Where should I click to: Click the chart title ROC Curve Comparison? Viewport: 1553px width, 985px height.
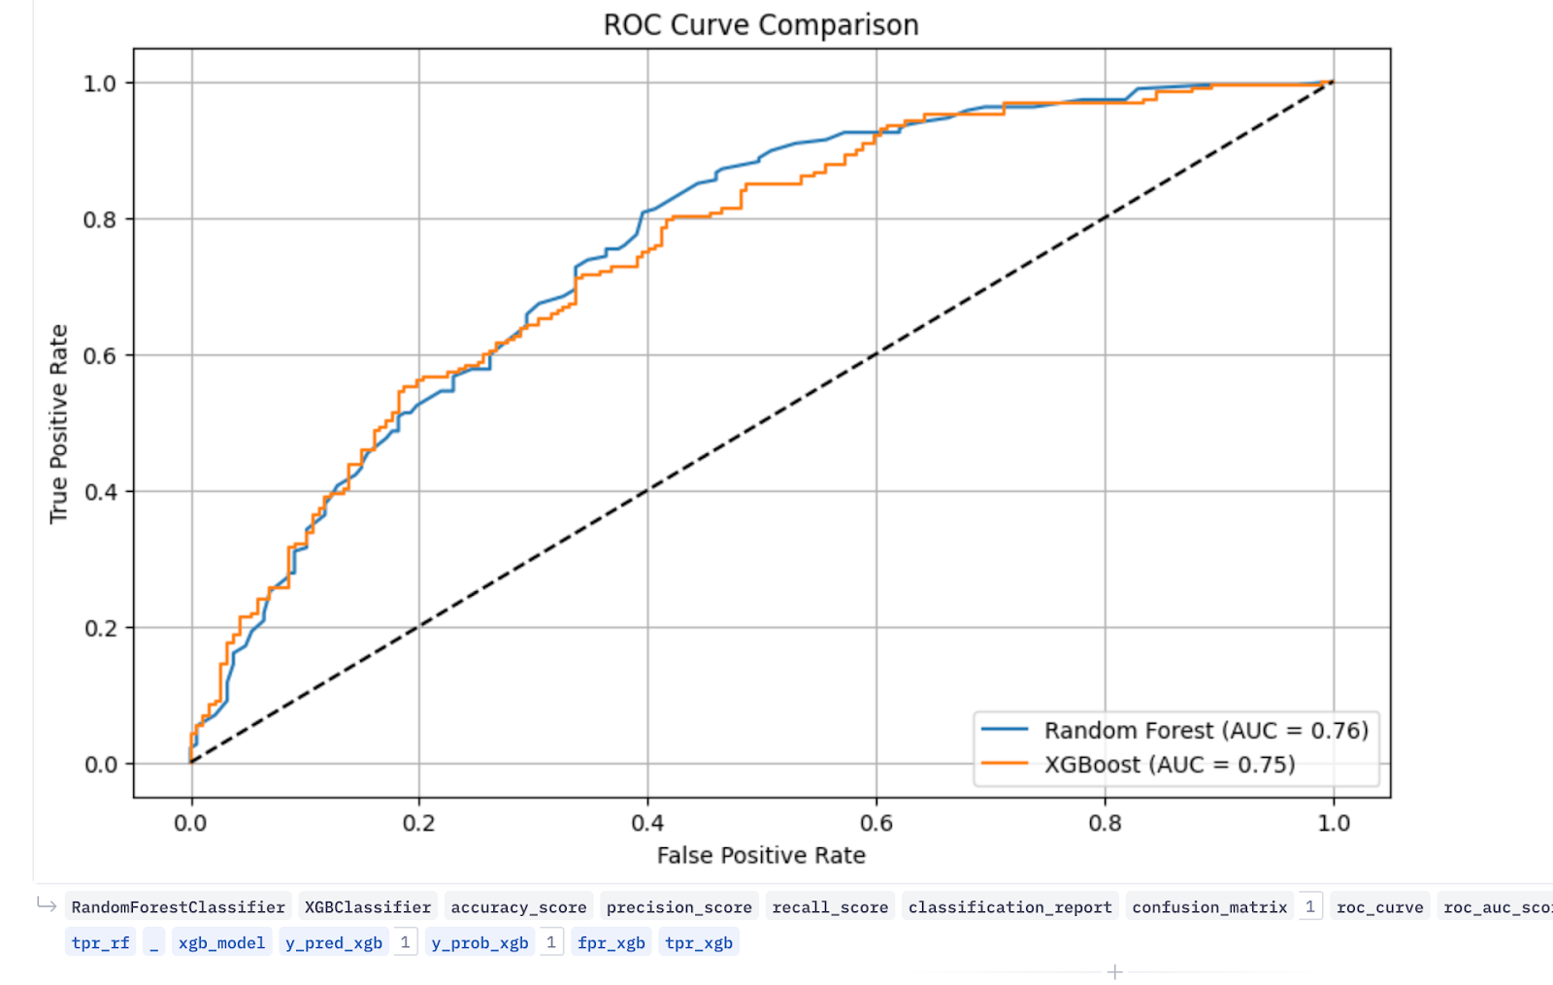[x=760, y=24]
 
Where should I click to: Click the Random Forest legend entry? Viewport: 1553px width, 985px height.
[x=1206, y=730]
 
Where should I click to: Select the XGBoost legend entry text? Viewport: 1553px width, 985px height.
[x=1169, y=765]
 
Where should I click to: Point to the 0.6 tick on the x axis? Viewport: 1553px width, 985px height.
[x=876, y=823]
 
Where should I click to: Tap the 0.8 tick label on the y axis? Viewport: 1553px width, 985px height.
[x=99, y=219]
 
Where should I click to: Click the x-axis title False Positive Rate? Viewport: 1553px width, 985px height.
[x=760, y=855]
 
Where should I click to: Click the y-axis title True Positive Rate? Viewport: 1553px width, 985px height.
[x=58, y=424]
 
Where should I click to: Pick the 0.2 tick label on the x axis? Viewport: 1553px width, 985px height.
[x=418, y=823]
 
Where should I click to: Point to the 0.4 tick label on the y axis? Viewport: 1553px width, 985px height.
[x=99, y=492]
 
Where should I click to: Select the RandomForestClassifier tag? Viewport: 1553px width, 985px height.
[x=178, y=907]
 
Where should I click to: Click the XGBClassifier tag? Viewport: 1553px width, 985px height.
[x=368, y=907]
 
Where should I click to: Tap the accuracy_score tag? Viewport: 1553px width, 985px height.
[x=518, y=907]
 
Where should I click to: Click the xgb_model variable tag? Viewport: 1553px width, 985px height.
[x=221, y=942]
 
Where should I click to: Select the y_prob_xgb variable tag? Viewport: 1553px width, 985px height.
[x=479, y=942]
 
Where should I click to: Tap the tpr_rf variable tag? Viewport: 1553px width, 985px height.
[x=100, y=942]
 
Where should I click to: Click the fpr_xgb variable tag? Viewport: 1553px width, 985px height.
[x=611, y=942]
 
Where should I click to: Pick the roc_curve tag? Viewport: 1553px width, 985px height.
[x=1379, y=907]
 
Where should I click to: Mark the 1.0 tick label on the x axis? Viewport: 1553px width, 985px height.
[x=1333, y=823]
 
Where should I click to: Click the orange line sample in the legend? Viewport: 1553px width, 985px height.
[x=1005, y=764]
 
